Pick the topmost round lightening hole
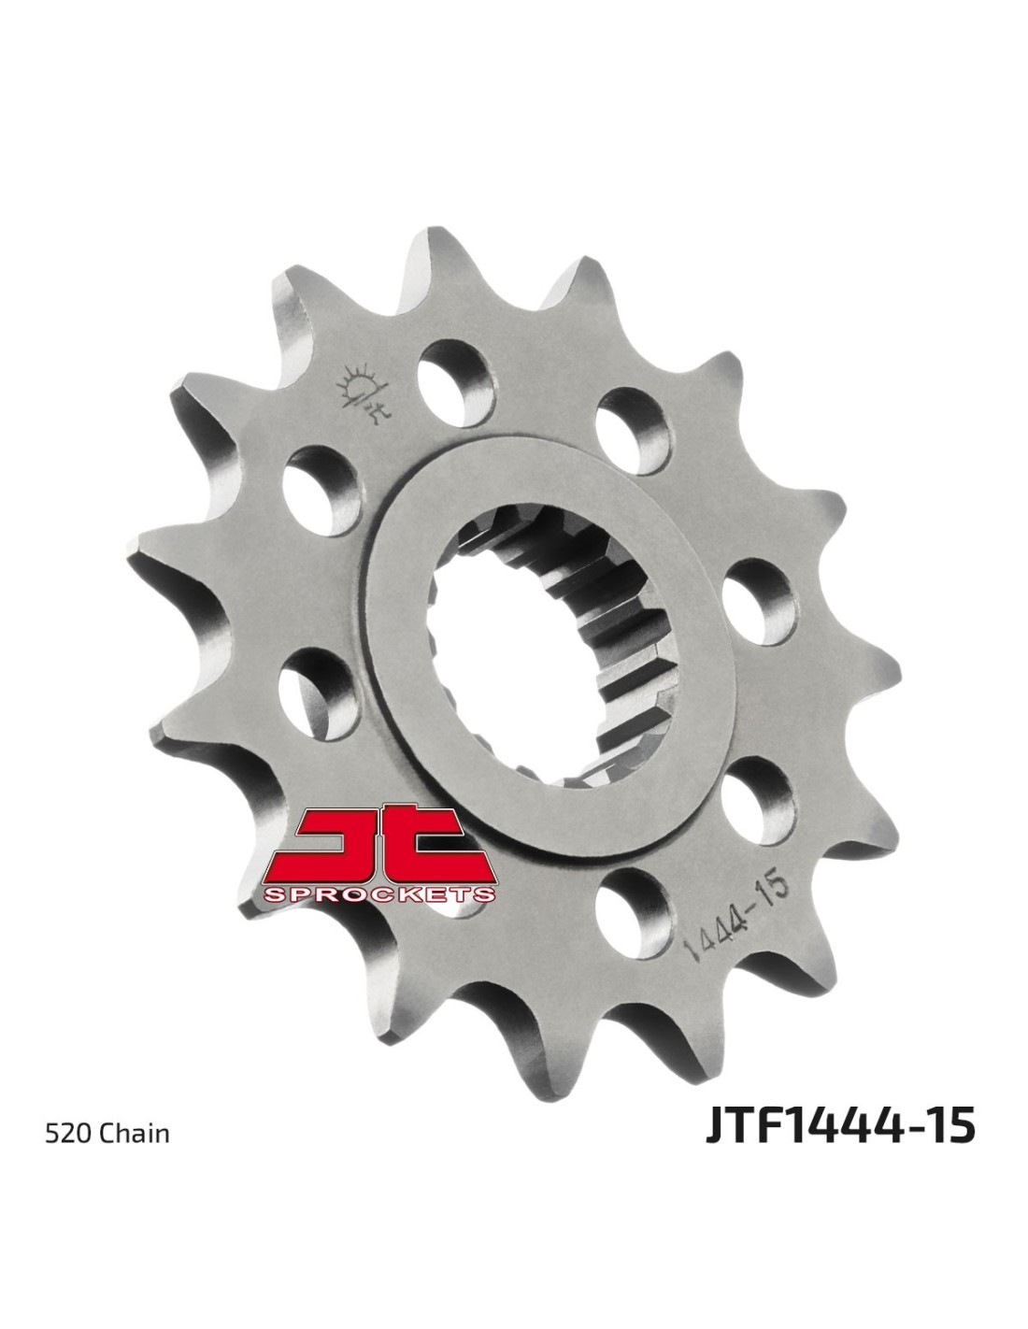pyautogui.click(x=456, y=383)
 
